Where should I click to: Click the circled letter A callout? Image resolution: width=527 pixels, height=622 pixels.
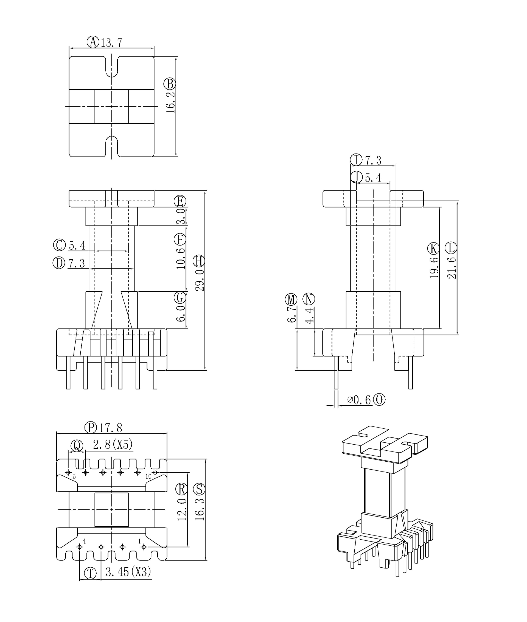pos(93,42)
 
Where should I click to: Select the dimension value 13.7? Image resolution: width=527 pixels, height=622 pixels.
pos(111,43)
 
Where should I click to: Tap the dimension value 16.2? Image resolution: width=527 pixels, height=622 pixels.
pos(170,102)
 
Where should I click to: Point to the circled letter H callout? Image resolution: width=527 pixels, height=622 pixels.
pos(199,261)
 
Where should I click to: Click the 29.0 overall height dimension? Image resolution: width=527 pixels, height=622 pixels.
pos(200,280)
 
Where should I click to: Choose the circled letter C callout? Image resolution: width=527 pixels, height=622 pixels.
pos(59,245)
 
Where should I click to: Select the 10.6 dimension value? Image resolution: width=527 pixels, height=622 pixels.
pos(180,258)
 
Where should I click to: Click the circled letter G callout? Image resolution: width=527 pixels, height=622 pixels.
pos(180,297)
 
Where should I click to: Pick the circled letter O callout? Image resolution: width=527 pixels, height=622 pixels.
pos(379,400)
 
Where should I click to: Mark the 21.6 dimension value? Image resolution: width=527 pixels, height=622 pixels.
pos(452,268)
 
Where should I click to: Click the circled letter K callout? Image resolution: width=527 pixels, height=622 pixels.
pos(433,248)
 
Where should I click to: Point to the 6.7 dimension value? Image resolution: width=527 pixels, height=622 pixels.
pos(291,314)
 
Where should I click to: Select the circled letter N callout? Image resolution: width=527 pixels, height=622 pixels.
pos(309,299)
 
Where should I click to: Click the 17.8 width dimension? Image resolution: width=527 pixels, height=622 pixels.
pos(111,428)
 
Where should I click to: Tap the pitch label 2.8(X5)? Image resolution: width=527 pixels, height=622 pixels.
pos(113,445)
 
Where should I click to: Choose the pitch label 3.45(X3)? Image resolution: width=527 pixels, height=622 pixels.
pos(128,572)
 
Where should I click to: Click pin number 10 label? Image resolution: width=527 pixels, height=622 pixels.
pos(148,476)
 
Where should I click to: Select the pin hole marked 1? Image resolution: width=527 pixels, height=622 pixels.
pos(144,547)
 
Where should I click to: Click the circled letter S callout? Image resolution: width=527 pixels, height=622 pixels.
pos(199,489)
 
